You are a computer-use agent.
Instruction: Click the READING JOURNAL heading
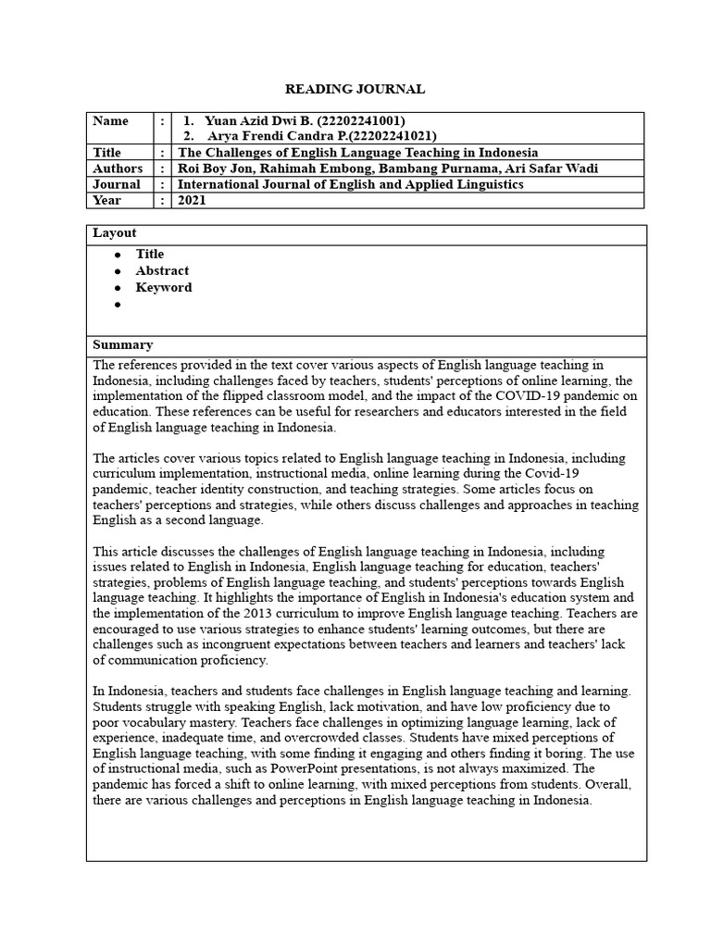[355, 89]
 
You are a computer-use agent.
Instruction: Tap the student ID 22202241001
[363, 121]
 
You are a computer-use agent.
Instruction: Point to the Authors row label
[118, 168]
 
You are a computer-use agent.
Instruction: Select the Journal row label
[116, 184]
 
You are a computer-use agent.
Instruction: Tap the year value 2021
[193, 200]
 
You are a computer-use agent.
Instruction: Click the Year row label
[107, 200]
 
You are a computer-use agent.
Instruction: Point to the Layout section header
[114, 233]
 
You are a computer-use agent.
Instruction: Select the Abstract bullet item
[162, 270]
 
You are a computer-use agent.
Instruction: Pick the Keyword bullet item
[164, 287]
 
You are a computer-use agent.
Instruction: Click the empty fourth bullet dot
[118, 305]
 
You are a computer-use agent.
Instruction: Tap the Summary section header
[122, 344]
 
